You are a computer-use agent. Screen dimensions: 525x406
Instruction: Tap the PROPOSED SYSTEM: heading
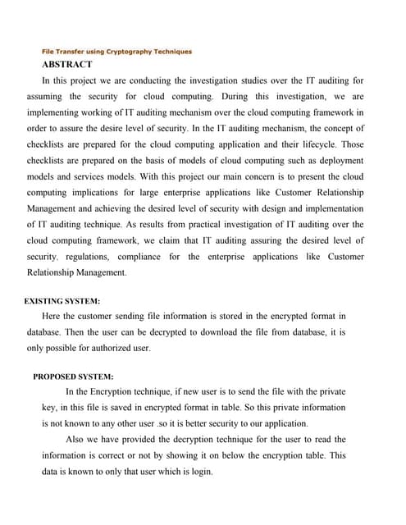(73, 377)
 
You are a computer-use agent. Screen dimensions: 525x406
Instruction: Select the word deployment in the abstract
(338, 160)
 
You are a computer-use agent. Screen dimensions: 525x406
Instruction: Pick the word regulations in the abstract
(94, 257)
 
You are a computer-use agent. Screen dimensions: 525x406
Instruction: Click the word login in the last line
(201, 472)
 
